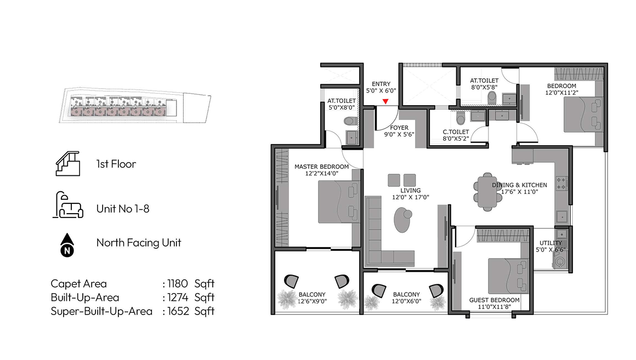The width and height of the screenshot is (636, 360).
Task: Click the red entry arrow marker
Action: (385, 101)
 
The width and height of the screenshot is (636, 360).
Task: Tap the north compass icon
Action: (67, 245)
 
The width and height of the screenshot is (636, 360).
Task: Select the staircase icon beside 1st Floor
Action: (68, 163)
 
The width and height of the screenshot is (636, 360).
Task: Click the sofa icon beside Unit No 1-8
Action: (68, 205)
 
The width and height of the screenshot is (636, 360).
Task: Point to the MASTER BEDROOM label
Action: (322, 167)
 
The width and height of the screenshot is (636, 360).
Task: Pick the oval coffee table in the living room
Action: (402, 220)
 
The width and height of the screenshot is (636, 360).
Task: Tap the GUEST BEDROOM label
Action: (494, 300)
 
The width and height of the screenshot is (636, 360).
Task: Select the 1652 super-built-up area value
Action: (178, 311)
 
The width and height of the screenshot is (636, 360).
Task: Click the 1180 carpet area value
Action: (178, 283)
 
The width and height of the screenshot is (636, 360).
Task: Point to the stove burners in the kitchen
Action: (562, 183)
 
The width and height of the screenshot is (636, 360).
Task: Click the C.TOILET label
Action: (456, 132)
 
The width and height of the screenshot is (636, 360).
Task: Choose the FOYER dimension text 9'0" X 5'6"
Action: (399, 134)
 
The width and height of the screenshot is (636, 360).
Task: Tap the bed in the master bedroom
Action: (339, 202)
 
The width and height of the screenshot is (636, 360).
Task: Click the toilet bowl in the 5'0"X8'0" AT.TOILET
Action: (350, 121)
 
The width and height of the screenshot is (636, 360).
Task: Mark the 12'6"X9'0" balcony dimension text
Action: (313, 301)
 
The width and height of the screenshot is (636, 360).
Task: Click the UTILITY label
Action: (550, 243)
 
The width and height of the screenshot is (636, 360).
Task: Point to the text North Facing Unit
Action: (139, 243)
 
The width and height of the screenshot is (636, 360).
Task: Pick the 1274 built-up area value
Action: (178, 297)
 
